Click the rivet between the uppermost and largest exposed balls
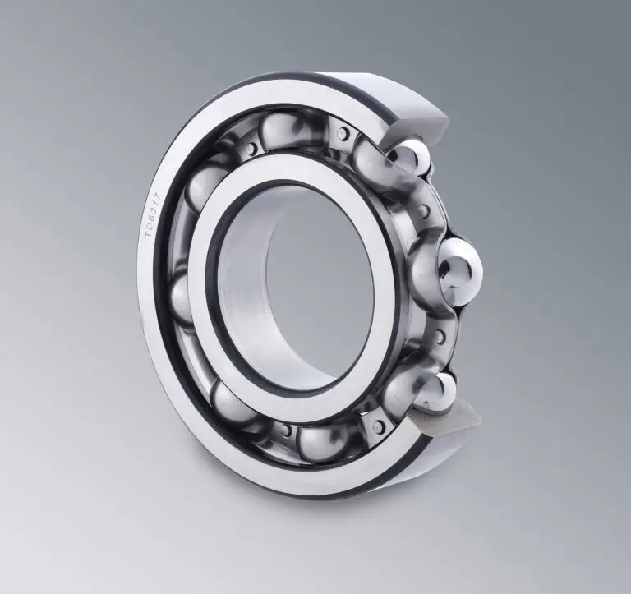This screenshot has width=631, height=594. point(422,211)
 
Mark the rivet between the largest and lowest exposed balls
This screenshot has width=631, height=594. point(439,336)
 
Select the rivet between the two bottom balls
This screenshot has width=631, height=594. point(285,429)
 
